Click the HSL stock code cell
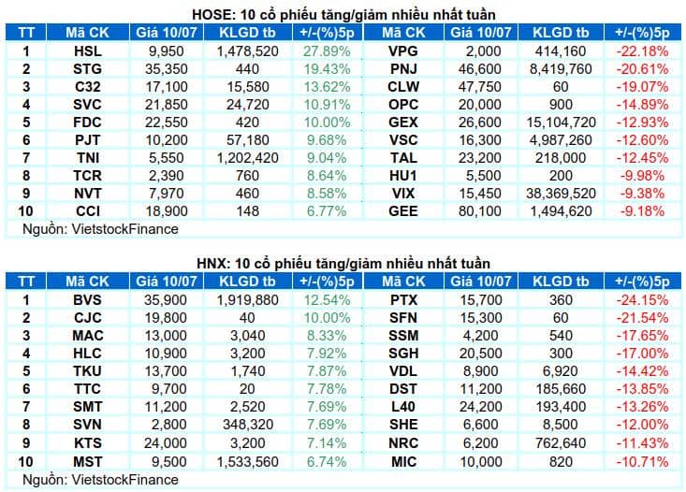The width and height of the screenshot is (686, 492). click(87, 51)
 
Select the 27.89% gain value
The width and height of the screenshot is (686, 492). click(327, 51)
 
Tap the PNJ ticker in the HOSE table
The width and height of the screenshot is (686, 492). click(403, 69)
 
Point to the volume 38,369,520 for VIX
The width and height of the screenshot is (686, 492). click(561, 194)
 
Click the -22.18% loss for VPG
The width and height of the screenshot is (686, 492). click(642, 51)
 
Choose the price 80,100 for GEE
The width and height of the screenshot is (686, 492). click(480, 211)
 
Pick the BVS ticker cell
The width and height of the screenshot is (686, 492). click(87, 300)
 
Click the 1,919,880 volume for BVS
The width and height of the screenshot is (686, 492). click(248, 300)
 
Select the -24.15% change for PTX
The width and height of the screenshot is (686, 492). click(642, 300)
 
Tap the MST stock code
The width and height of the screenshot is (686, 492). click(87, 462)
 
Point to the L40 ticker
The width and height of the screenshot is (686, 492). click(403, 407)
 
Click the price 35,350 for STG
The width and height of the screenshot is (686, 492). click(167, 69)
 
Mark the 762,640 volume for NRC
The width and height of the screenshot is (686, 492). click(561, 443)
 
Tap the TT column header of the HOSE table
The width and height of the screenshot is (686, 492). click(26, 33)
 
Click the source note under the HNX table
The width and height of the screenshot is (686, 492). click(101, 480)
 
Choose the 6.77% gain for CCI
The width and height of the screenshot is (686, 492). click(327, 211)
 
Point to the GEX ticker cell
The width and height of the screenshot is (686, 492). click(403, 123)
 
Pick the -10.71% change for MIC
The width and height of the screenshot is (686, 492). click(642, 462)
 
